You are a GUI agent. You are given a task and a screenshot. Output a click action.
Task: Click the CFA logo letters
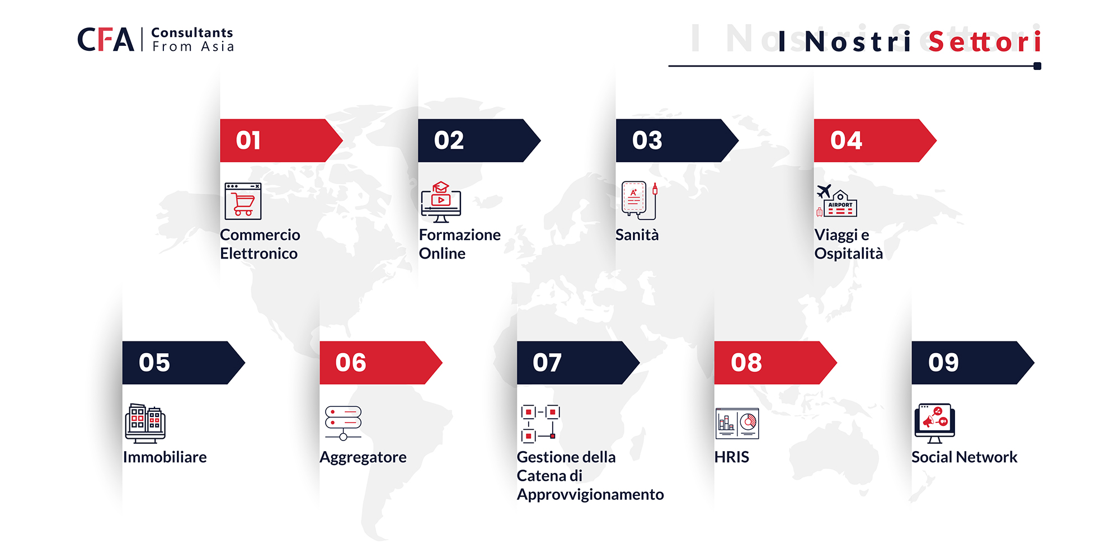(x=106, y=40)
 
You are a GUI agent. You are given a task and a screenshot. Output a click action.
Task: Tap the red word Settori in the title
(x=985, y=41)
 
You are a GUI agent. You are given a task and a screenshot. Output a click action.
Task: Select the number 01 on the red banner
(x=248, y=140)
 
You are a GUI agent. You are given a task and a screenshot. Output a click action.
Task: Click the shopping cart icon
(x=243, y=201)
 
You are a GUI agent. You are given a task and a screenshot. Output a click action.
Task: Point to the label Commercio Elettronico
(x=260, y=244)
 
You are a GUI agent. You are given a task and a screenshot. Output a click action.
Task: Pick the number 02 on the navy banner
(x=449, y=140)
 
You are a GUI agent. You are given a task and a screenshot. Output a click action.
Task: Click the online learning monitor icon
(x=441, y=202)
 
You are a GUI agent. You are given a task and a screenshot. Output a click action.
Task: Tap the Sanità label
(x=637, y=235)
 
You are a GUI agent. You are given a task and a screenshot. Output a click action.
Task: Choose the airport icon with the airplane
(x=836, y=200)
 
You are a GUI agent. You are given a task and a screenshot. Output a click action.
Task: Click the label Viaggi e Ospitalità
(x=849, y=244)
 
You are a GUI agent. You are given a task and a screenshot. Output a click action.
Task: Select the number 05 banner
(x=184, y=363)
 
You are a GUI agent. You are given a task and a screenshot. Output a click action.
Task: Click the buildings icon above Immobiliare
(x=145, y=423)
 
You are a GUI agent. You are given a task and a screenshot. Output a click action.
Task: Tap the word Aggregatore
(x=363, y=458)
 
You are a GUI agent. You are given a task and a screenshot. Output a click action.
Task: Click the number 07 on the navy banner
(x=547, y=363)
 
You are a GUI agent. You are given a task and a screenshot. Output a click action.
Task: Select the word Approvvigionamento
(x=590, y=495)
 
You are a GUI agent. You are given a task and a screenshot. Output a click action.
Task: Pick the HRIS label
(x=732, y=457)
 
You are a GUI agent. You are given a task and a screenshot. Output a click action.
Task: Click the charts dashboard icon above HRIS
(x=737, y=423)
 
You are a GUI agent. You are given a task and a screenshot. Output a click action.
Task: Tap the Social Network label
(x=965, y=457)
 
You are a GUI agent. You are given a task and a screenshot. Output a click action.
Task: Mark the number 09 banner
(x=973, y=363)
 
